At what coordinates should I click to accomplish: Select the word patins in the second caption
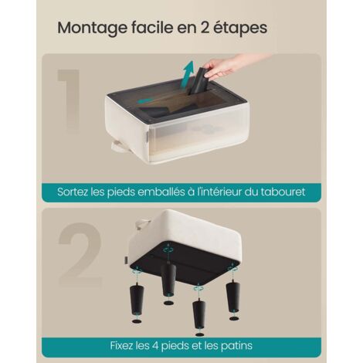[x=236, y=344]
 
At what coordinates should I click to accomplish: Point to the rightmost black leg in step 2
[x=232, y=295]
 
